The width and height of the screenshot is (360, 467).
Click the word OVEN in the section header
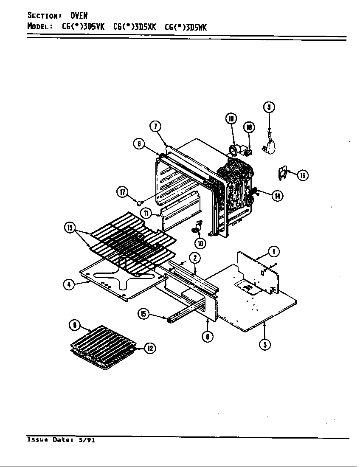79,16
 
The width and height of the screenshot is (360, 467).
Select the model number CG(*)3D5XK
135,27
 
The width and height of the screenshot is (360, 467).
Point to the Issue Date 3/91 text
61,440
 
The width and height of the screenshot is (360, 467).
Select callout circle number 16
302,175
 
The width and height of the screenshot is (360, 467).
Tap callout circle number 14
278,196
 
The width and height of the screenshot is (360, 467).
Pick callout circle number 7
155,127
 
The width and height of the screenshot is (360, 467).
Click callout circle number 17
123,192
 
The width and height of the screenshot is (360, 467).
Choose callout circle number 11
146,213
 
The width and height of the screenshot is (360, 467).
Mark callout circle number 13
69,228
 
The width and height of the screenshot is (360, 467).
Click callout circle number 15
144,314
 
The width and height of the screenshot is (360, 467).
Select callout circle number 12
149,349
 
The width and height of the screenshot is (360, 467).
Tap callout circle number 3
265,344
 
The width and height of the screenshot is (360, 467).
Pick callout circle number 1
274,252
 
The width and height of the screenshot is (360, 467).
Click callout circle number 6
207,337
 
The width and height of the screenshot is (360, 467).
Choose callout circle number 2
194,258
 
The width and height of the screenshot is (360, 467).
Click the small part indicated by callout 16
283,172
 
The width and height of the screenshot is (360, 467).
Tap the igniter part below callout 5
270,147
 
